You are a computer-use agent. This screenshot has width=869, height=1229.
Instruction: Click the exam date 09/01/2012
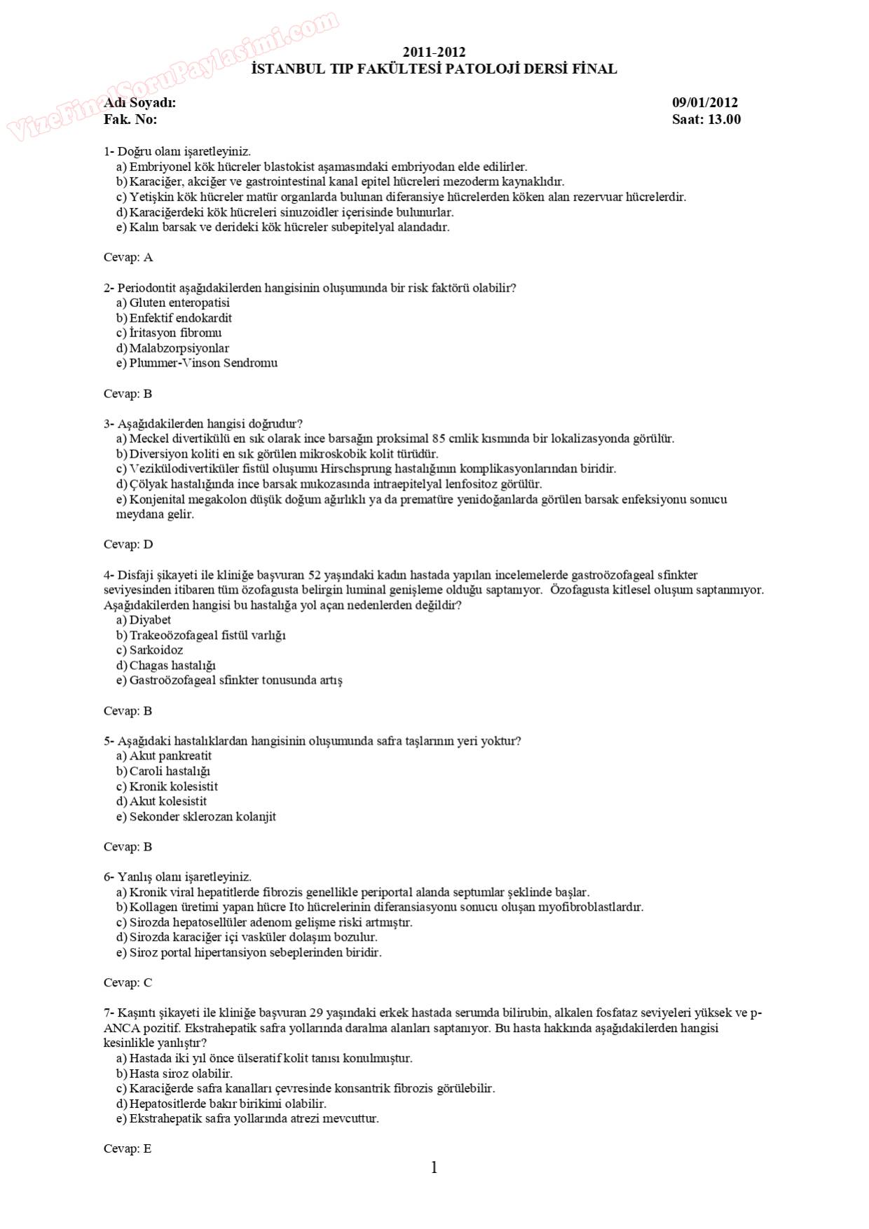[704, 103]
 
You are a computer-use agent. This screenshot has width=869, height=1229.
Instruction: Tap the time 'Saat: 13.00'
[706, 119]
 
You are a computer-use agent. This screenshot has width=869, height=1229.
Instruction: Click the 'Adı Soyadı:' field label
[139, 103]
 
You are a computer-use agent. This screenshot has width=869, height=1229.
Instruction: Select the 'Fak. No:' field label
[130, 119]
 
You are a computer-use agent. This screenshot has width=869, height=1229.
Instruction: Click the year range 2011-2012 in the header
[434, 53]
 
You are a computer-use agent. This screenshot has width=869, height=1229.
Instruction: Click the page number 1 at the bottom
[434, 1167]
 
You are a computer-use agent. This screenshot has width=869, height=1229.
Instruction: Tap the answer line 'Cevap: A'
[128, 257]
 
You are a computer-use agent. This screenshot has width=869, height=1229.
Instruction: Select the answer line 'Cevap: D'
[128, 544]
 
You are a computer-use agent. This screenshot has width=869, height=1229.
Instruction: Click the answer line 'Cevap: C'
[128, 982]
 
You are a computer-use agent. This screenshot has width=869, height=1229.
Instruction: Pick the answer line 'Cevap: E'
[128, 1148]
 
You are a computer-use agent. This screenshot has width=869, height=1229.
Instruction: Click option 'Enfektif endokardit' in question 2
[180, 318]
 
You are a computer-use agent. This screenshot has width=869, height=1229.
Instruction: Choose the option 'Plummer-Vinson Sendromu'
[203, 363]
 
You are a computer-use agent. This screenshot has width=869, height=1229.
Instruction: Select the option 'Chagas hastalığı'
[172, 665]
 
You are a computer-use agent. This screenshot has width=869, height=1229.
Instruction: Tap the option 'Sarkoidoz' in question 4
[156, 650]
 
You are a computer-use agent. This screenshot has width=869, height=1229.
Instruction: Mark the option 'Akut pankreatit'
[170, 755]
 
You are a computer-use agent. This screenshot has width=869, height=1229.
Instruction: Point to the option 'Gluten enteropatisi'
[179, 303]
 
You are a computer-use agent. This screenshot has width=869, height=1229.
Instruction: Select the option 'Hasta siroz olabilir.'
[181, 1073]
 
